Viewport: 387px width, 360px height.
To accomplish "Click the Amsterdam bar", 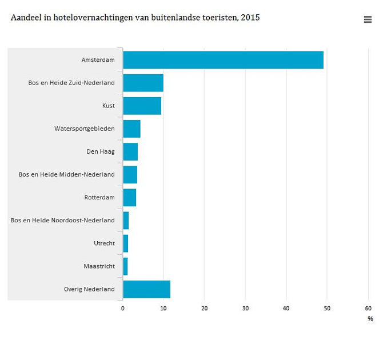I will click(223, 60).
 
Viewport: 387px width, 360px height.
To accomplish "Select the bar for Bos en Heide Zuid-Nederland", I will click(143, 83).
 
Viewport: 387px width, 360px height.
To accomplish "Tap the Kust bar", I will click(142, 106).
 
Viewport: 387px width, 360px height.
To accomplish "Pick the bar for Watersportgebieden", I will click(131, 129).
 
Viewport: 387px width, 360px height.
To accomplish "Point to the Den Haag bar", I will click(130, 151).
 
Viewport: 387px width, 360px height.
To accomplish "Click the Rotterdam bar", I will click(129, 197).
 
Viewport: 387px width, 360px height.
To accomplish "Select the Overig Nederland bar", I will click(146, 289).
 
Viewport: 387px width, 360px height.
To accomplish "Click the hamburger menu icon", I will click(368, 19).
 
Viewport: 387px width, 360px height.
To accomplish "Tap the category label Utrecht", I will click(104, 243).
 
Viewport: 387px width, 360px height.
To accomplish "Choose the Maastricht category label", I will click(99, 266).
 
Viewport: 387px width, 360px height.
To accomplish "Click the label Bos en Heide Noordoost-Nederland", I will click(62, 221).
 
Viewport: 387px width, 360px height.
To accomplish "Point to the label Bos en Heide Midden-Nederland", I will click(66, 174).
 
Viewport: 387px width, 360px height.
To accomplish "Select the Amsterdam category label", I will click(98, 60).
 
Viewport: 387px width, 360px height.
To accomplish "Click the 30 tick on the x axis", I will click(245, 309).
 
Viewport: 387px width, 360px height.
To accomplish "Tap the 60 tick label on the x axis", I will click(368, 309).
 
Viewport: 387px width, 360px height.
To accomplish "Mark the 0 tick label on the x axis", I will click(123, 309).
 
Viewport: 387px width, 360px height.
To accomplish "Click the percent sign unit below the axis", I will click(370, 319).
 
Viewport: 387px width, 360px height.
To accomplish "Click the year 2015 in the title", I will click(250, 18).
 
